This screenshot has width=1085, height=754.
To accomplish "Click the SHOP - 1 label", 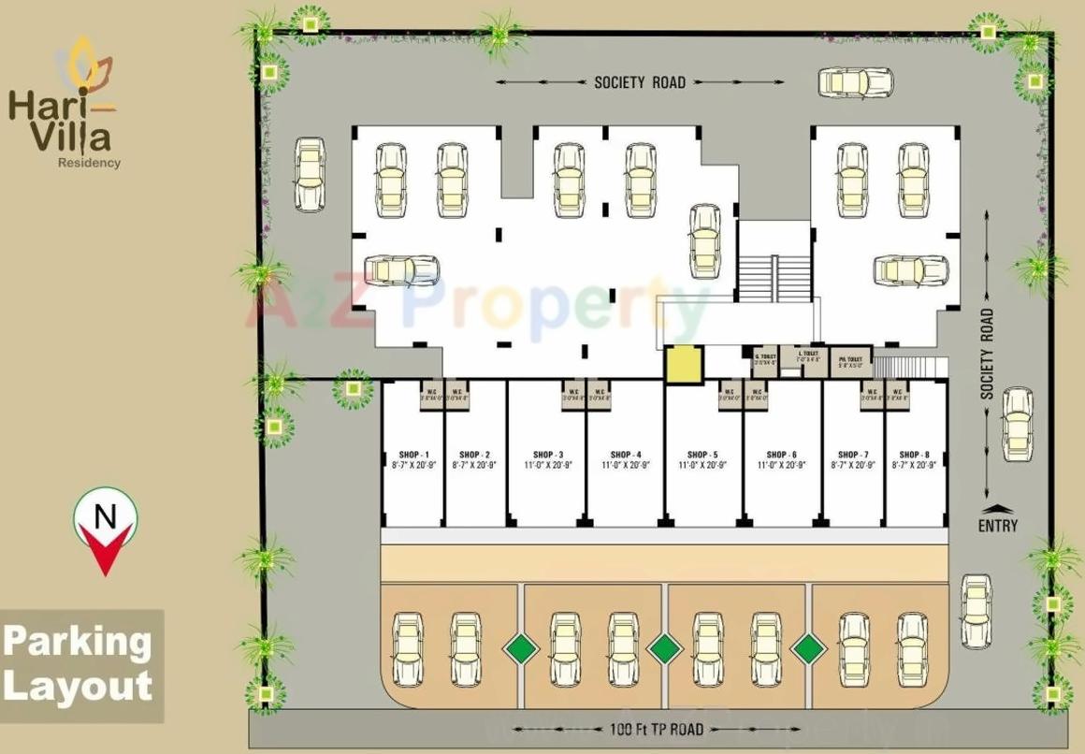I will coord(412,455).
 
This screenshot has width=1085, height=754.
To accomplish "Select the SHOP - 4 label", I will coord(626,455).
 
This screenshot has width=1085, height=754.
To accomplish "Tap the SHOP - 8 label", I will coord(914,455).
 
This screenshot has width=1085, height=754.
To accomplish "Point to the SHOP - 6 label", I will coord(782,455).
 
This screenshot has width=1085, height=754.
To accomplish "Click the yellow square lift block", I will coord(683,364).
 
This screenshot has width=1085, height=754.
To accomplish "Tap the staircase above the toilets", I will coord(773,278).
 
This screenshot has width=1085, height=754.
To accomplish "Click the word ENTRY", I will coord(998,526).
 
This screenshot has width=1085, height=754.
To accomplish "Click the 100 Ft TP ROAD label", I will coord(648,729).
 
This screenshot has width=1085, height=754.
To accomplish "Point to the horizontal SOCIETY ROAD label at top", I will coord(640,82).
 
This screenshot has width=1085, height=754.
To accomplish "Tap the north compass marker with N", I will coord(106,523).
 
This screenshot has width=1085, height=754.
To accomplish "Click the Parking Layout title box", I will coord(81,665).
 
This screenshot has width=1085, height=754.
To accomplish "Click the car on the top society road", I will coord(856,82).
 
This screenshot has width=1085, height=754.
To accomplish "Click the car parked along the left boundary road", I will coord(310,174).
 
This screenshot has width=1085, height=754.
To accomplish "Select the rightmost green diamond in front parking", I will coord(808,646).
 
